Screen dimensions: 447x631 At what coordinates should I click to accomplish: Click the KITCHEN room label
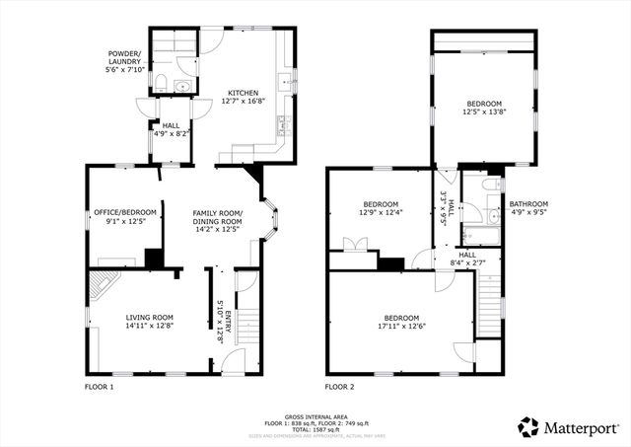coord(243,92)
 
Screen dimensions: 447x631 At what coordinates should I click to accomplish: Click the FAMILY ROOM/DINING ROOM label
coord(217,217)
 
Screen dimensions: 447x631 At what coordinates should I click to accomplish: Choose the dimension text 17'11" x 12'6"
coord(401,327)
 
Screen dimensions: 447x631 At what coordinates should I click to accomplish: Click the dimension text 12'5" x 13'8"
coord(484,112)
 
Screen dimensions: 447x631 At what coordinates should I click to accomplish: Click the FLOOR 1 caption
coord(99,387)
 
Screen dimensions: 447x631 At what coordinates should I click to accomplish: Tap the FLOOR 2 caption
coord(340,387)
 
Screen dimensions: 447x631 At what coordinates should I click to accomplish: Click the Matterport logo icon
coord(528,427)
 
